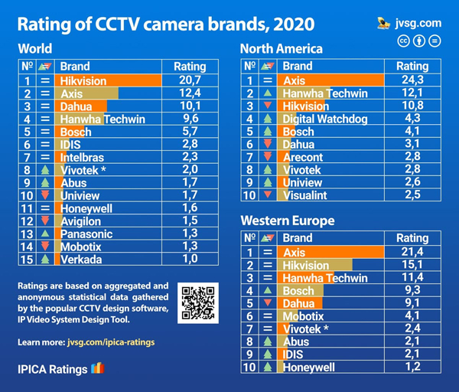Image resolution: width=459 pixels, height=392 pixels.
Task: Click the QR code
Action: [198, 302]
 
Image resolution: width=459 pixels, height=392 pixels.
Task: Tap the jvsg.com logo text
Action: [421, 23]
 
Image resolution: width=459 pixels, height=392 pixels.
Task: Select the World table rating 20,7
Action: [190, 80]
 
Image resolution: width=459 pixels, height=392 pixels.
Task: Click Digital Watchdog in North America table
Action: [325, 119]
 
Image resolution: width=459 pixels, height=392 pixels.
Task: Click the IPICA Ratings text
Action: [53, 368]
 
